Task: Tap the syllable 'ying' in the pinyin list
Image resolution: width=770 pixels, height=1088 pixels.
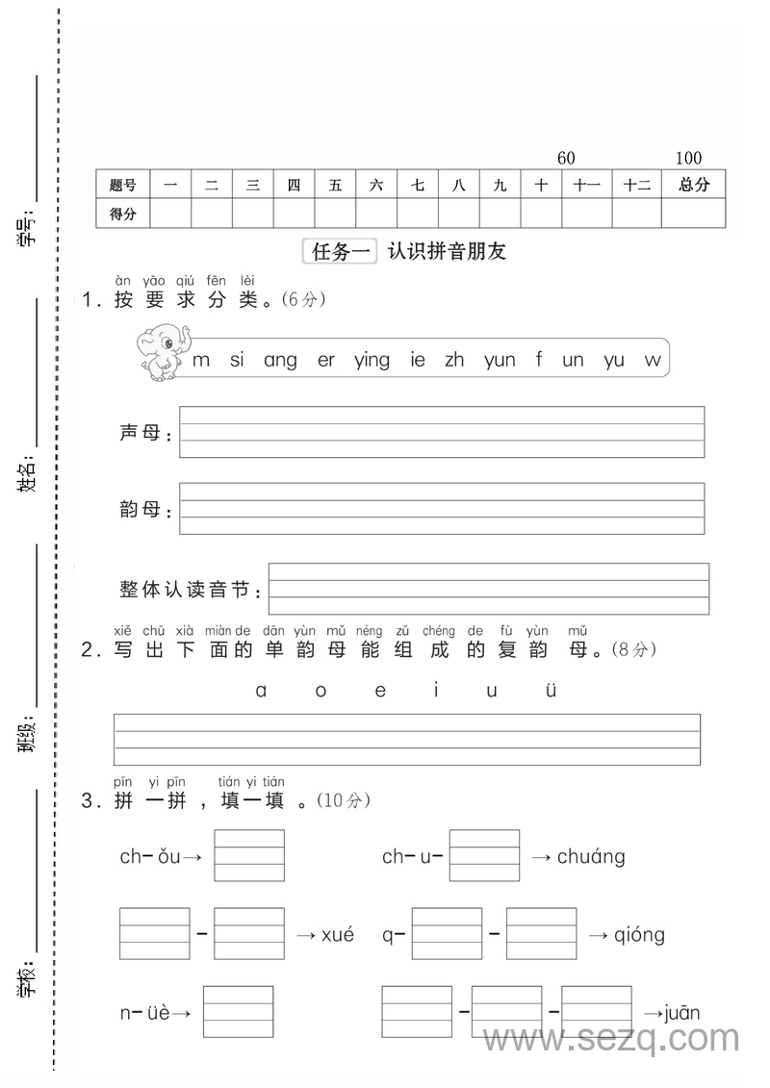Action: click(372, 361)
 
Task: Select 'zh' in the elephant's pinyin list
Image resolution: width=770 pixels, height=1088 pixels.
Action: click(454, 360)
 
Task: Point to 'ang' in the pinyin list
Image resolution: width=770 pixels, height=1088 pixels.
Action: click(280, 361)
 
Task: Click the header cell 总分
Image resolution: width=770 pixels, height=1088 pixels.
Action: click(693, 185)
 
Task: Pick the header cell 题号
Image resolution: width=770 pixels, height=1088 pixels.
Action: click(122, 185)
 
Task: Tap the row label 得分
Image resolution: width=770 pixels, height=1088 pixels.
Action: click(122, 214)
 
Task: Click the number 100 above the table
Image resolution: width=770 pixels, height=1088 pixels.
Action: click(688, 158)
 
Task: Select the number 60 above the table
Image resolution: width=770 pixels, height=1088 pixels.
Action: click(566, 158)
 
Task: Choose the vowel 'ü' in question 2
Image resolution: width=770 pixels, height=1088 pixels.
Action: click(552, 691)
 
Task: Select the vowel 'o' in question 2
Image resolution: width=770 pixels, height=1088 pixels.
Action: click(321, 691)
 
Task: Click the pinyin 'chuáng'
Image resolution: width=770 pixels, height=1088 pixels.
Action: click(591, 856)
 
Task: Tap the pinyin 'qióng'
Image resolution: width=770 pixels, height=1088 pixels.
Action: click(639, 934)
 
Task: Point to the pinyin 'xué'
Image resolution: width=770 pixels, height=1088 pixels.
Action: click(337, 934)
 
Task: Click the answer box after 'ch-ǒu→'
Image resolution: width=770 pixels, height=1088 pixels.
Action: click(249, 855)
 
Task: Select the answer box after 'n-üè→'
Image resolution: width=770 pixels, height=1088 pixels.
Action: click(238, 1012)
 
